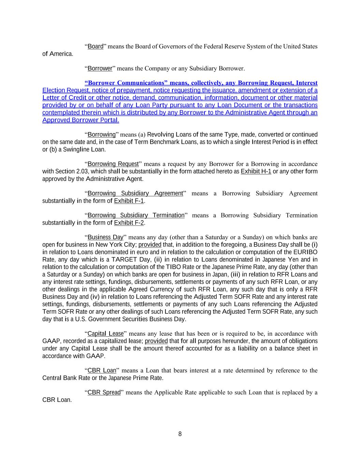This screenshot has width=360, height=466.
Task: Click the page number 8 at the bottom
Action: click(x=180, y=434)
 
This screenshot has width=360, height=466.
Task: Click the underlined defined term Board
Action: click(x=96, y=46)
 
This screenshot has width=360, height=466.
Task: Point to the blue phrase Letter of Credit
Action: click(x=63, y=98)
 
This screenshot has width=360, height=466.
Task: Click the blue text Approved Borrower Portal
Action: click(x=81, y=120)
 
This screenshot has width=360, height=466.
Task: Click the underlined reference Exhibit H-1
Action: click(x=256, y=171)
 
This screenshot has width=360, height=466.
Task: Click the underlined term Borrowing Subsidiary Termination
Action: click(x=136, y=215)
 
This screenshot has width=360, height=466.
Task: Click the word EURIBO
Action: click(x=305, y=252)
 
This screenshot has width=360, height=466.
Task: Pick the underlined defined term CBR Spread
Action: click(x=104, y=393)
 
